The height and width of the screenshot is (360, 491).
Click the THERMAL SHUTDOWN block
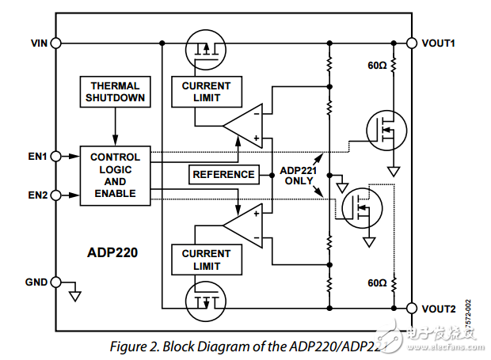tap(115, 92)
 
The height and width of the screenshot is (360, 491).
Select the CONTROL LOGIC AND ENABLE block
tap(115, 175)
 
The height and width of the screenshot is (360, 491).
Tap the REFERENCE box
tap(224, 174)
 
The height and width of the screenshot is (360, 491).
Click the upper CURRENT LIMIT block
tap(206, 92)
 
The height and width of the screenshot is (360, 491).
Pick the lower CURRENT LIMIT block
tap(206, 260)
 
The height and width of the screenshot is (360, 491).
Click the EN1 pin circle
tap(55, 156)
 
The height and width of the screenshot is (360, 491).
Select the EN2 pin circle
tap(55, 194)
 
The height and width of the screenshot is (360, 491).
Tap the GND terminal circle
tap(55, 282)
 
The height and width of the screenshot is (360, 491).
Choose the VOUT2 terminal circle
tap(411, 308)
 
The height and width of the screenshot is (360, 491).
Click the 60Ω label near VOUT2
tap(376, 282)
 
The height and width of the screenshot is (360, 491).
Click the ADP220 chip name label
tap(112, 254)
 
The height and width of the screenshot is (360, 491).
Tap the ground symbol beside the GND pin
tap(75, 295)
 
